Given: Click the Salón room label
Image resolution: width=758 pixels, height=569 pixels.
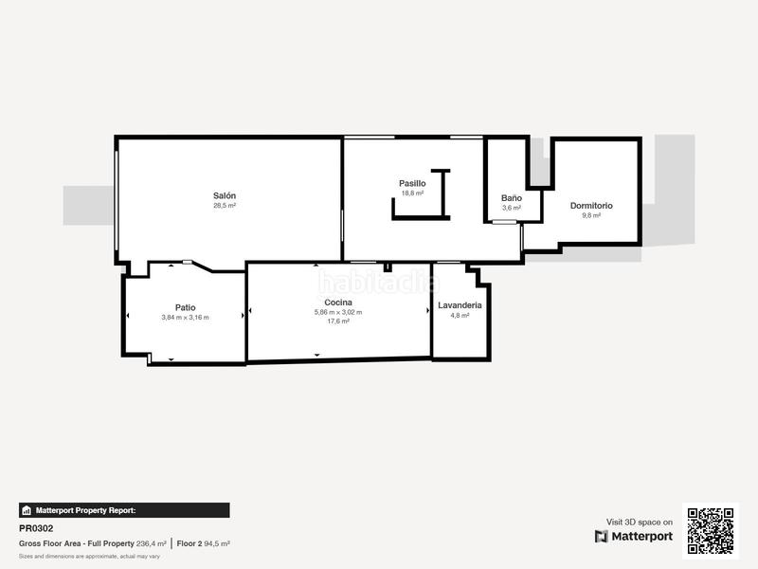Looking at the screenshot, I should coord(224,195).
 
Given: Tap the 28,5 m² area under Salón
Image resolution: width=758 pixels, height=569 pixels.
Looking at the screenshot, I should coord(224,206).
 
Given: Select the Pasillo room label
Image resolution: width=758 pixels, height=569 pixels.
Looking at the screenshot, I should coord(412,183).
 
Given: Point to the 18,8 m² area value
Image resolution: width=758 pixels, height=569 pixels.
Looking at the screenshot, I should coord(412,193).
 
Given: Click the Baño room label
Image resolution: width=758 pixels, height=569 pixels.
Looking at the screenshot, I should coord(511,197).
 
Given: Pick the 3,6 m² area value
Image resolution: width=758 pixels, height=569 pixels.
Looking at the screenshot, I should coord(511,208).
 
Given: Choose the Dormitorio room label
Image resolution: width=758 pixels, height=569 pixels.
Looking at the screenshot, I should coord(591,206).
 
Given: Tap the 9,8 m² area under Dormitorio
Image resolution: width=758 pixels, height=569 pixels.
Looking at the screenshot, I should coord(591,215).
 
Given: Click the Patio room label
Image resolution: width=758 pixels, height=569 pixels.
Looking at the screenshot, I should coord(185,307).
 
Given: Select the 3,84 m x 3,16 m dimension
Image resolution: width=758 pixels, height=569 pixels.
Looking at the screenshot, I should coord(185,317).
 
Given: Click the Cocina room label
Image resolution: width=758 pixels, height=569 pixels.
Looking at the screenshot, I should coord(338,302).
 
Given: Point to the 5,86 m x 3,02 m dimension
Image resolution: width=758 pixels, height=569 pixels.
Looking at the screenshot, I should coord(338,312).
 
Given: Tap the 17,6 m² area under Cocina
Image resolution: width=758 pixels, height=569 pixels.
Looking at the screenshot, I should coord(338,321).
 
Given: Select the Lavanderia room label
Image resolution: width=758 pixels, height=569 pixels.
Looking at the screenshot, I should coord(460,305).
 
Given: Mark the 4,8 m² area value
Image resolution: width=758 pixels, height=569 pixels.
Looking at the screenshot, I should coord(460,315).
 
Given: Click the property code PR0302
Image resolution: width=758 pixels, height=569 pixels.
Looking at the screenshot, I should coord(36,528).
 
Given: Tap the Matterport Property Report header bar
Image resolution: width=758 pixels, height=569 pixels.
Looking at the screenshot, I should coord(124,510).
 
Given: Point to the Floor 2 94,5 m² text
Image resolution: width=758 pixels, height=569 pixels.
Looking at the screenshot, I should coord(204,543).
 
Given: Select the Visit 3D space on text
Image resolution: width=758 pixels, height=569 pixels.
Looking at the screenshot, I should coord(640,522).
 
